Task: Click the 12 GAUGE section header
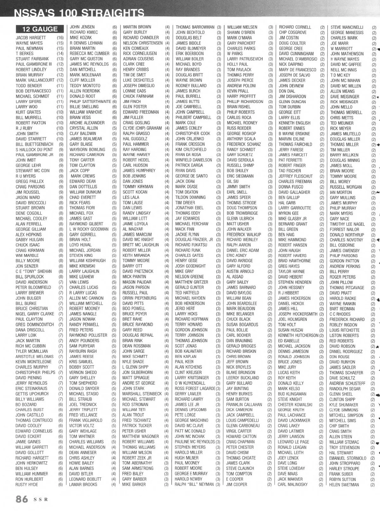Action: pyautogui.click(x=40, y=29)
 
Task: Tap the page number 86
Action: pyautogui.click(x=22, y=499)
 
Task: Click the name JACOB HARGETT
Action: pyautogui.click(x=31, y=38)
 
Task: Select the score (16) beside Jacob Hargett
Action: pyautogui.click(x=60, y=38)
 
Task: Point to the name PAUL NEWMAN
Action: pyautogui.click(x=29, y=48)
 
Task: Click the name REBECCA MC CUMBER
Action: pyautogui.click(x=90, y=54)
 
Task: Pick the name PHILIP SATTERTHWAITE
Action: pyautogui.click(x=90, y=102)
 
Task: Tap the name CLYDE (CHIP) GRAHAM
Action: pyautogui.click(x=142, y=128)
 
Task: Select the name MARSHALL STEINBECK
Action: pyautogui.click(x=142, y=394)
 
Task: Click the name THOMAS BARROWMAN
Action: pyautogui.click(x=195, y=27)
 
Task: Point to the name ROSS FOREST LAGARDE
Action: pyautogui.click(x=195, y=388)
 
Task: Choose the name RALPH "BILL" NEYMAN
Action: pyautogui.click(x=194, y=484)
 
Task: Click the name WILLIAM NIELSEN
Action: pyautogui.click(x=242, y=27)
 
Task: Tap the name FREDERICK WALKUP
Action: pyautogui.click(x=244, y=235)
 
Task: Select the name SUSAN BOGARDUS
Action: pyautogui.click(x=242, y=325)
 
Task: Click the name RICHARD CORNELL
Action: pyautogui.click(x=295, y=27)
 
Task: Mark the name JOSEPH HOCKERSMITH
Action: pyautogui.click(x=298, y=314)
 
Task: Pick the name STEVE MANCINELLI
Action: pyautogui.click(x=347, y=27)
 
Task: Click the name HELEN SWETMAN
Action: pyautogui.click(x=344, y=485)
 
